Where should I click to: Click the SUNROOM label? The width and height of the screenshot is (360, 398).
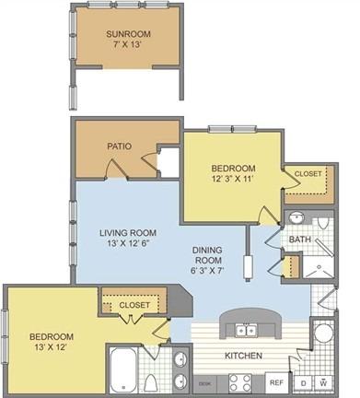tap(128, 34)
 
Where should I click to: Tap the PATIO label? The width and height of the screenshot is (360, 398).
tap(120, 146)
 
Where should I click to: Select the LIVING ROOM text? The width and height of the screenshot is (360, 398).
tap(128, 233)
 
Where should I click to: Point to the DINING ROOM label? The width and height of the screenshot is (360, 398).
tap(207, 255)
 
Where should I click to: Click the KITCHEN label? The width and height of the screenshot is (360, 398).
tap(243, 356)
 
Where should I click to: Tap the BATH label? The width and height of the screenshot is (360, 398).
tap(300, 240)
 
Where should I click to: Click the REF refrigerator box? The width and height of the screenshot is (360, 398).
tap(276, 382)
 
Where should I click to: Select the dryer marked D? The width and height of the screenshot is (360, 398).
tap(303, 383)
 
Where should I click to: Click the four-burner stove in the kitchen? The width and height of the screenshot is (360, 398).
tap(240, 383)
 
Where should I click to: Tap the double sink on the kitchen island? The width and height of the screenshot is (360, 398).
tap(246, 331)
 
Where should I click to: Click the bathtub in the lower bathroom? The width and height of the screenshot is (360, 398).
tap(123, 370)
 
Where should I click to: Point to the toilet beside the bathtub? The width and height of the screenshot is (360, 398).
tap(150, 384)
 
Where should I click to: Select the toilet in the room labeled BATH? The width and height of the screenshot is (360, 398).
tap(322, 222)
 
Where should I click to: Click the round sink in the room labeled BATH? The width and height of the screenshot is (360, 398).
tap(296, 218)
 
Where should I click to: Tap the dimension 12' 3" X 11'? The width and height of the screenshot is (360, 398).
tap(233, 179)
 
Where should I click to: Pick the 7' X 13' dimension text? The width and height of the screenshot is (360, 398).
tap(128, 44)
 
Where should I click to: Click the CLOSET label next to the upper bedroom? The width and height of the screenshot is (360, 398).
tap(308, 174)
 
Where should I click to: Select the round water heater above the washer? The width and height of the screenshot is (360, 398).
tap(324, 334)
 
